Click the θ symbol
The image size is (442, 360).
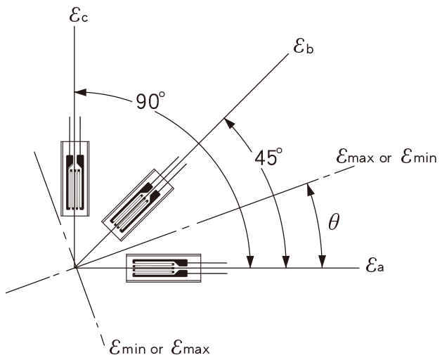point(334,223)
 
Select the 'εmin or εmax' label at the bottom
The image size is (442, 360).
point(159,347)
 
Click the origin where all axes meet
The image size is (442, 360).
point(74,268)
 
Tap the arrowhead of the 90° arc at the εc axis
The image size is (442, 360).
point(79,91)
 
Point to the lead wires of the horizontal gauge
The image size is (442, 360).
point(214,268)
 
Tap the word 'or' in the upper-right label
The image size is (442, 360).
point(385,159)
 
